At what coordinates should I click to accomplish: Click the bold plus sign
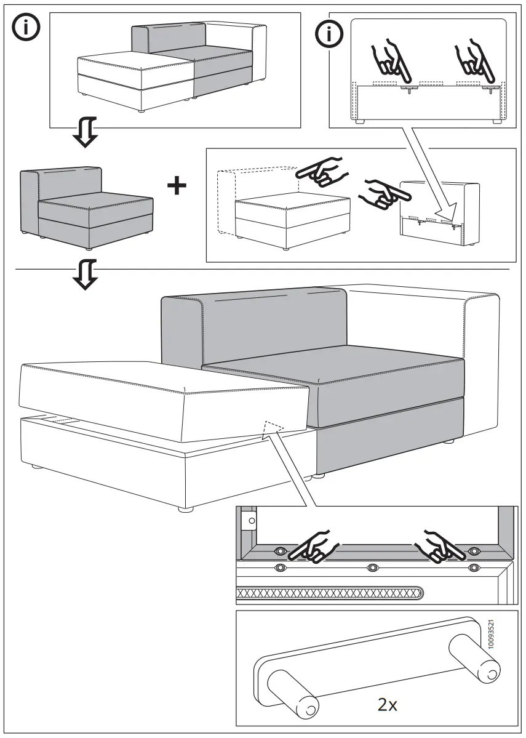(177, 186)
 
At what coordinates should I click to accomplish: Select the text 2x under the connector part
(388, 704)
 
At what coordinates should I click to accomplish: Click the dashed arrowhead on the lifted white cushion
(273, 429)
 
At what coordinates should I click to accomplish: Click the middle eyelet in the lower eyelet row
(372, 566)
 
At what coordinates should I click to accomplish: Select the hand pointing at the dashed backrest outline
(321, 172)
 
